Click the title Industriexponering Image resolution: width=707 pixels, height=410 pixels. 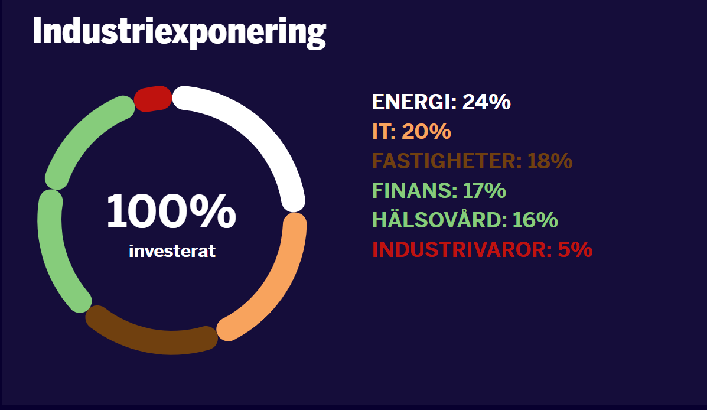[179, 32]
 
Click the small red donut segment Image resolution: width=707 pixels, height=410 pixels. [153, 98]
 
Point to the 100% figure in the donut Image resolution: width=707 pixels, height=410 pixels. [171, 211]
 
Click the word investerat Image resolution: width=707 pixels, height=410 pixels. [172, 250]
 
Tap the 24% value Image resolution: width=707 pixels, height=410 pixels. [487, 102]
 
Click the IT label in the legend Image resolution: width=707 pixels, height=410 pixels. [384, 131]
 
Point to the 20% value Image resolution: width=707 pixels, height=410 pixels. [426, 131]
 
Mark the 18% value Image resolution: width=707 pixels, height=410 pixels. [550, 161]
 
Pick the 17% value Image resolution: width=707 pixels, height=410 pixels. [484, 190]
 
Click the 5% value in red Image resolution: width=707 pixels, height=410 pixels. [575, 249]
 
